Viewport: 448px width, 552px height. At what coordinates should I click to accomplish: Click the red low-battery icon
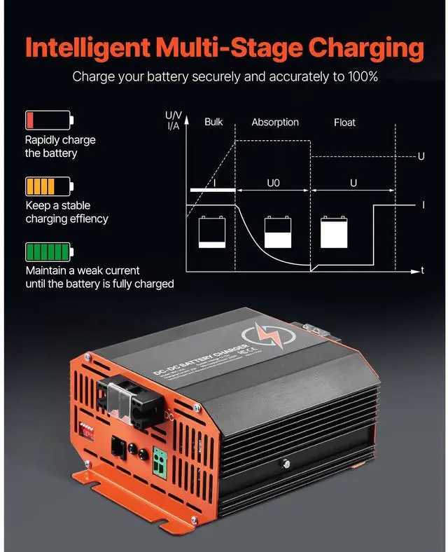(x=48, y=120)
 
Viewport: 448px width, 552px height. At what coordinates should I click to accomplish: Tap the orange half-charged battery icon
(x=48, y=186)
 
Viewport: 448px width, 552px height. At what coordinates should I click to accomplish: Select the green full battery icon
(x=48, y=251)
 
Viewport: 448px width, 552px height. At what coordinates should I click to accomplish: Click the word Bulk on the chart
(x=213, y=122)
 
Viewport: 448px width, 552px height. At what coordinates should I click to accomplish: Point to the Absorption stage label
(x=275, y=123)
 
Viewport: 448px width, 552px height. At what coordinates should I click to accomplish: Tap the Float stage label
(x=344, y=123)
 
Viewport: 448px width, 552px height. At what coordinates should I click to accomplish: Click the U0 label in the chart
(x=274, y=183)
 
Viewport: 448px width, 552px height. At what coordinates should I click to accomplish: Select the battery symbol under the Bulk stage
(x=212, y=231)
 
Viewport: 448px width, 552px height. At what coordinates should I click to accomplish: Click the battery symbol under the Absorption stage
(x=278, y=232)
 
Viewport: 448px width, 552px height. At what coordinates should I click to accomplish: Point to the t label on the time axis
(x=422, y=270)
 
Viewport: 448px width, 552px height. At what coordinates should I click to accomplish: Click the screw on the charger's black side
(x=285, y=462)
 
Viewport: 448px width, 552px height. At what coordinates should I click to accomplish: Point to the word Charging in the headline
(x=367, y=48)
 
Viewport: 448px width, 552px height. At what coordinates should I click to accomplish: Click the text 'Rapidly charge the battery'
(x=60, y=146)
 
